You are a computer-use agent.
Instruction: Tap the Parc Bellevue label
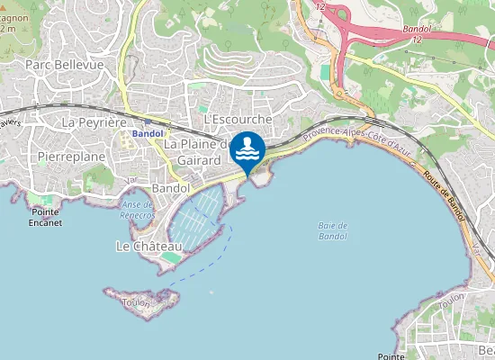coord(65,65)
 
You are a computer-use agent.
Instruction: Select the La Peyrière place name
coord(92,121)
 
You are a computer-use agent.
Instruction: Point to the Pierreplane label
coord(72,157)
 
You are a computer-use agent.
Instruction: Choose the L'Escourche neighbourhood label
coord(238,119)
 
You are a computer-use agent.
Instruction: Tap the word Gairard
coord(199,159)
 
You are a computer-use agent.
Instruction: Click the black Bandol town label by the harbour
coord(171,189)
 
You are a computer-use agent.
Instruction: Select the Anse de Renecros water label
coord(138,210)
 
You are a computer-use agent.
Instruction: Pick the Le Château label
coord(143,246)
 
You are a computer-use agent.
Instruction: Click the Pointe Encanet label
coord(45,218)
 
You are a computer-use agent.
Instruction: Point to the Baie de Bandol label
coord(332,230)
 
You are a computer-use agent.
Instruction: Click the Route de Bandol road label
coord(443,193)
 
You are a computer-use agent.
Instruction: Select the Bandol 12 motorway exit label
coord(418,34)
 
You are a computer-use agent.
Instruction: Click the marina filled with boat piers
coord(194,220)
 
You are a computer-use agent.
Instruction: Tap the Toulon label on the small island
coord(135,303)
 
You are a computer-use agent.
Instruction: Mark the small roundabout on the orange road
coord(339,91)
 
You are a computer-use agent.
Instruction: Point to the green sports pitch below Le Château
coord(170,258)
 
